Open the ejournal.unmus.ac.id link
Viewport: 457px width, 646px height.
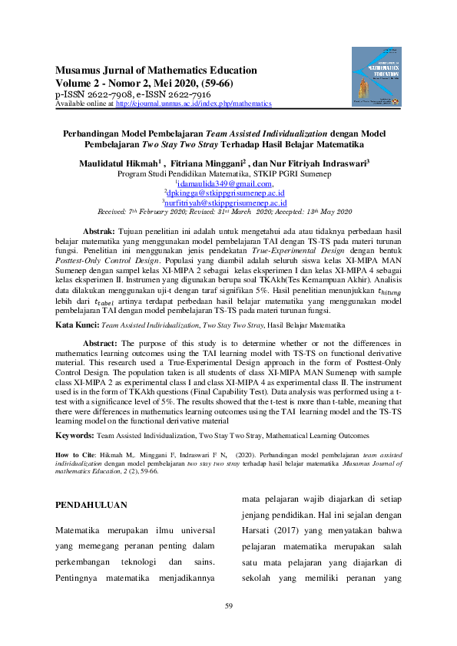[x=193, y=104]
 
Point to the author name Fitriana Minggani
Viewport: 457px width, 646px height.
[x=207, y=163]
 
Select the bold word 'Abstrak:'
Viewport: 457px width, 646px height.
[x=98, y=231]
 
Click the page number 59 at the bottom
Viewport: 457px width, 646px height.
[x=228, y=608]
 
